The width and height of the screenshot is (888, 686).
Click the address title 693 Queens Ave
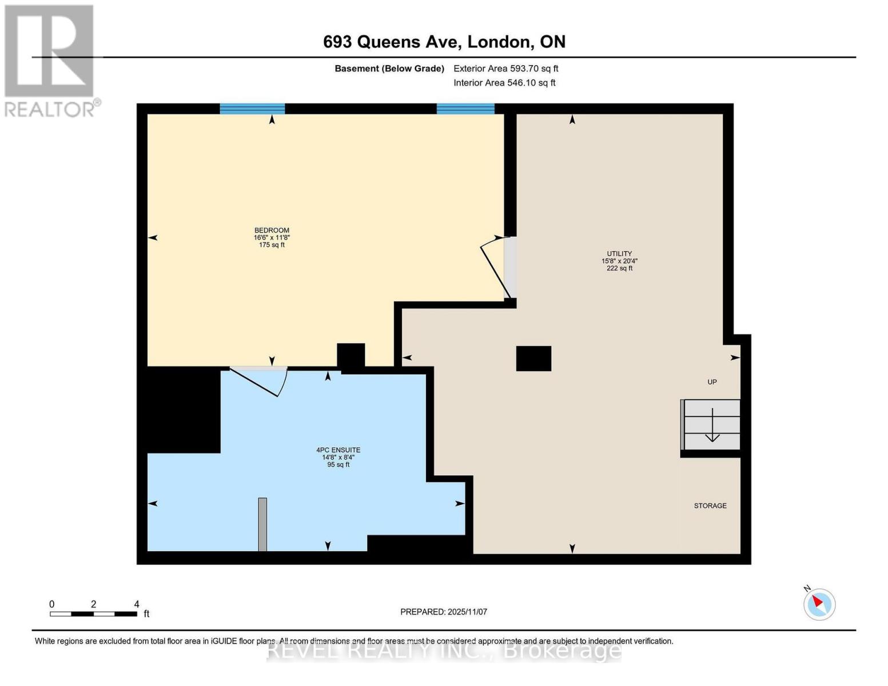click(444, 42)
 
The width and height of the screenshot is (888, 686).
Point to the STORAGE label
click(710, 506)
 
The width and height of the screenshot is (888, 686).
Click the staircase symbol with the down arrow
click(711, 425)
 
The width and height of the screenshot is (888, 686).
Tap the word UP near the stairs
click(712, 382)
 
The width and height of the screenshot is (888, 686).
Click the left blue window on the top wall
click(252, 109)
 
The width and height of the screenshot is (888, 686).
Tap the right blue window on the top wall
click(465, 109)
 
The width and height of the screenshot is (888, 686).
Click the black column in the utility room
click(533, 358)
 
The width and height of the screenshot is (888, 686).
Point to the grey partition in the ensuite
click(262, 524)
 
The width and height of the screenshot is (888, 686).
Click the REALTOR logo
click(50, 61)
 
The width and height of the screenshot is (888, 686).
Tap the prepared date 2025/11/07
click(444, 612)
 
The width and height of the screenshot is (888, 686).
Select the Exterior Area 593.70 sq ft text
click(505, 69)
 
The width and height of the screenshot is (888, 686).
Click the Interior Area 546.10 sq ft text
click(504, 83)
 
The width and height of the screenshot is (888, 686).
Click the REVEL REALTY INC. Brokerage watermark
click(444, 651)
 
